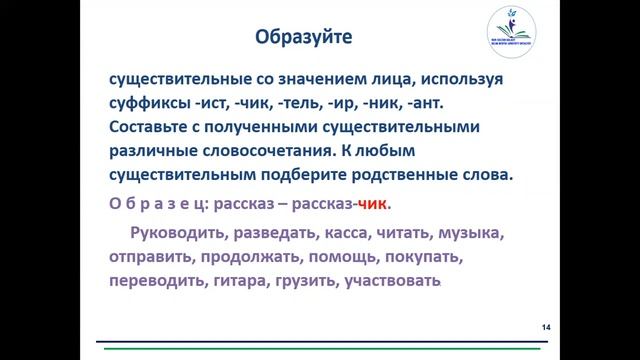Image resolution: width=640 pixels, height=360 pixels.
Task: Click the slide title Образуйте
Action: [303, 37]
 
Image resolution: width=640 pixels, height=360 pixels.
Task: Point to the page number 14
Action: [545, 327]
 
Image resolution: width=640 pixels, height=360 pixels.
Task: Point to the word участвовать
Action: [392, 282]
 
